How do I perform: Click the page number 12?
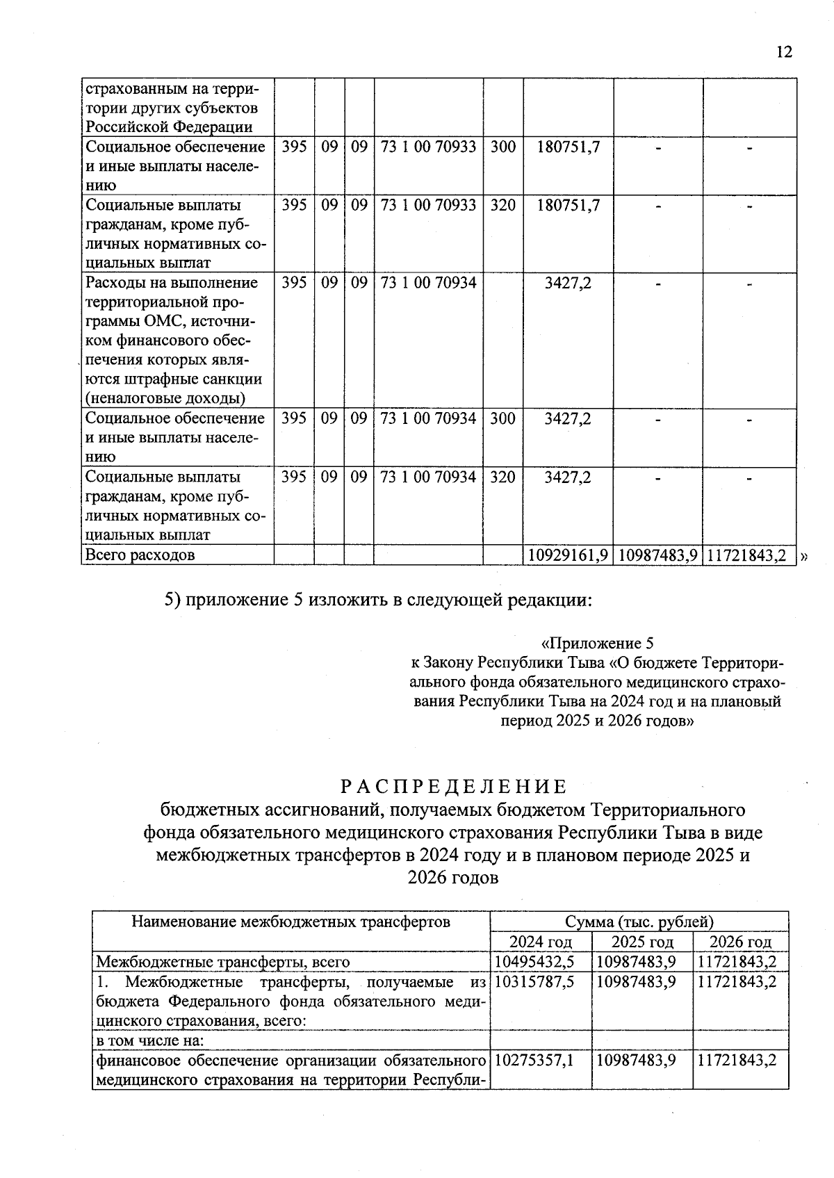coord(784,52)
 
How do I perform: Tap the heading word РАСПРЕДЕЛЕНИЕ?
coord(453,786)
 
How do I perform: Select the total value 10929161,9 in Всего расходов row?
coord(568,555)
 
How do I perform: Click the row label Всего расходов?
coord(140,555)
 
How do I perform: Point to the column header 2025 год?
coord(641,942)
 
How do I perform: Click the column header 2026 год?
coord(740,942)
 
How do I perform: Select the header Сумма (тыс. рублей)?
coord(639,922)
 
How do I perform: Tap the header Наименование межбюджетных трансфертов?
coord(291,922)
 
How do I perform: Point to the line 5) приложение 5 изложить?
coord(378,600)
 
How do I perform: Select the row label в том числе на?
coord(149,1040)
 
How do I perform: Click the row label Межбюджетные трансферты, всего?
coord(222,962)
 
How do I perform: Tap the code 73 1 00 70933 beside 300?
coord(428,147)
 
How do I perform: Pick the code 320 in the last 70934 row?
coord(502,477)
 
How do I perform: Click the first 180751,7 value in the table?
coord(568,147)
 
